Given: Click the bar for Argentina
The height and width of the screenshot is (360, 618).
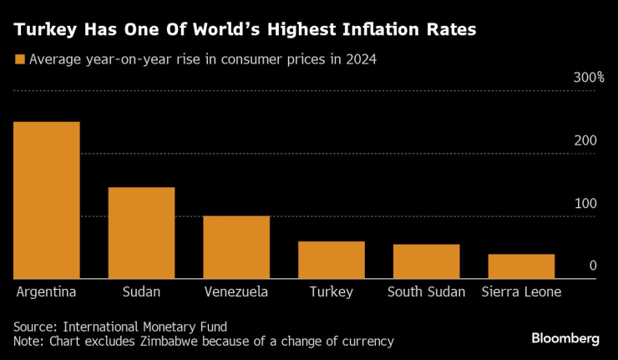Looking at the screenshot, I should [x=47, y=200].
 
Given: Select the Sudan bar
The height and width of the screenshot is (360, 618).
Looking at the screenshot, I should [x=141, y=233].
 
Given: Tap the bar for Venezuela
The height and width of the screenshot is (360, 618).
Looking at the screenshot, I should [x=236, y=247].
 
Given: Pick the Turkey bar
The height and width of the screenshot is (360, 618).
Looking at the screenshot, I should [x=332, y=260].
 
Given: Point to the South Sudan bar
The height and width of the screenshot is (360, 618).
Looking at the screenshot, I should [x=426, y=261].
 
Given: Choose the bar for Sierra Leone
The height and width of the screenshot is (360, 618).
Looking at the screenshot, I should [x=521, y=266].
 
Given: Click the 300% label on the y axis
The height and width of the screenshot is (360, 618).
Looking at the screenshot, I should [x=588, y=78].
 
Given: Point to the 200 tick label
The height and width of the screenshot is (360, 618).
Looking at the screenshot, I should [x=585, y=140].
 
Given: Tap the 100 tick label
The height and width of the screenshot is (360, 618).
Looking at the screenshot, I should [x=585, y=204].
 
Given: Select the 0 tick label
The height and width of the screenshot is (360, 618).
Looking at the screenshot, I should [x=592, y=266].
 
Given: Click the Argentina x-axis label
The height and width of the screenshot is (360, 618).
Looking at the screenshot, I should [x=47, y=292].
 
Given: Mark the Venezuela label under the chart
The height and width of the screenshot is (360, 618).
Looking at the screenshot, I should [x=236, y=292].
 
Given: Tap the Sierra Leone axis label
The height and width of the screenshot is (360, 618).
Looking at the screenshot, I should [x=521, y=292].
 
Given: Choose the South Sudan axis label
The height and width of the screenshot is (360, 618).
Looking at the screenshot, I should [x=426, y=292].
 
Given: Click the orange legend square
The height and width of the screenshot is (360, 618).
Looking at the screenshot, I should [x=19, y=59].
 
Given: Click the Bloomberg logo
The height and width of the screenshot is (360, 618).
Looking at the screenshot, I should [x=565, y=338].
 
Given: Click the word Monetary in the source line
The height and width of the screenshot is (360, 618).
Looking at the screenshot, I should [x=171, y=326].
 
